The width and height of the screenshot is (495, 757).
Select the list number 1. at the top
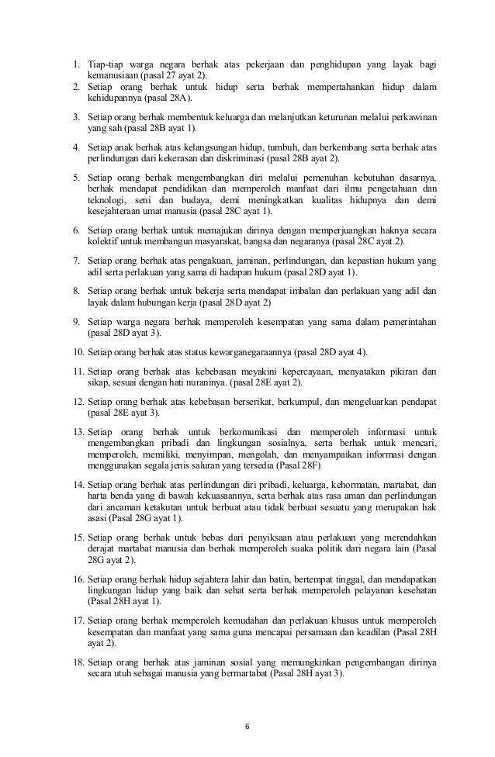[x=78, y=63]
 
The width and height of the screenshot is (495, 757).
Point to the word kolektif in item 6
[x=102, y=242]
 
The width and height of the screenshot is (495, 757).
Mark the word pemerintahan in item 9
[x=408, y=320]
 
